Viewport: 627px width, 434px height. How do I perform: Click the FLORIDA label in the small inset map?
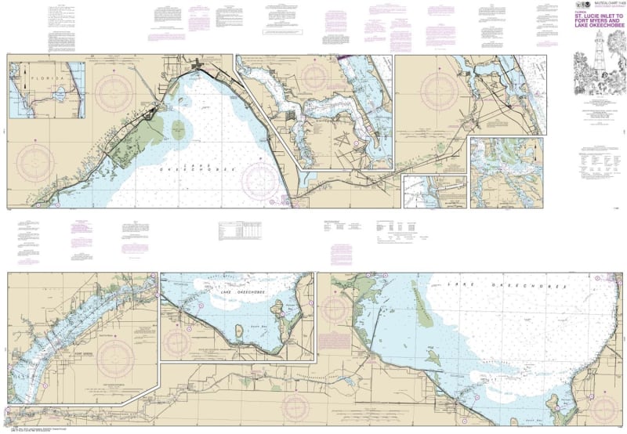point(35,80)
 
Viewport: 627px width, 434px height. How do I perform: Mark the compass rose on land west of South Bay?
point(179,342)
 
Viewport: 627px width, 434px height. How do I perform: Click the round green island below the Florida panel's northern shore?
point(179,129)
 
